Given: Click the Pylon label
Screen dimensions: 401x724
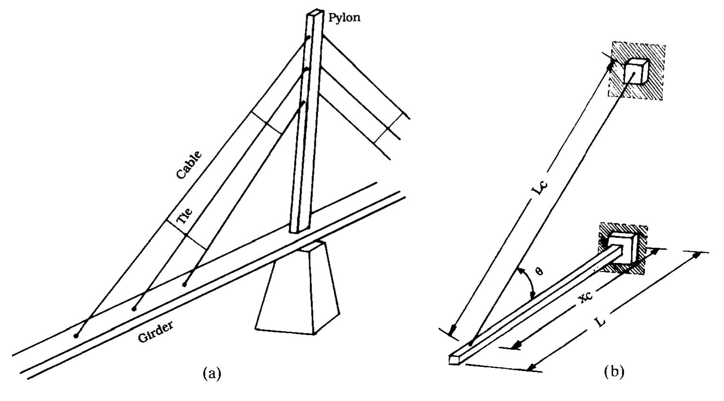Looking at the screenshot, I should tap(344, 18).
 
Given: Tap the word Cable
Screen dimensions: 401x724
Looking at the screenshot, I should tap(189, 165).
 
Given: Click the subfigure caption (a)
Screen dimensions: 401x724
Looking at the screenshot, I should tap(212, 373).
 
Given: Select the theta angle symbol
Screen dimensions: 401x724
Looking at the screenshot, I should tap(539, 271).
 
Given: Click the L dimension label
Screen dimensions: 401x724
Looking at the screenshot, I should tap(600, 322).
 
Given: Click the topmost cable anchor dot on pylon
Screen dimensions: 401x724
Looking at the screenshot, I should tap(308, 38).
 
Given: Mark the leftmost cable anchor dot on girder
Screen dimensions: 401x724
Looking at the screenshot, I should tap(76, 336).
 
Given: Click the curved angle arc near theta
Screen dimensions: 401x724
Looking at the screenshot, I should tap(527, 283).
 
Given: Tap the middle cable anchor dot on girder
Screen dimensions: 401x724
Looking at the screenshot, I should tap(134, 309).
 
